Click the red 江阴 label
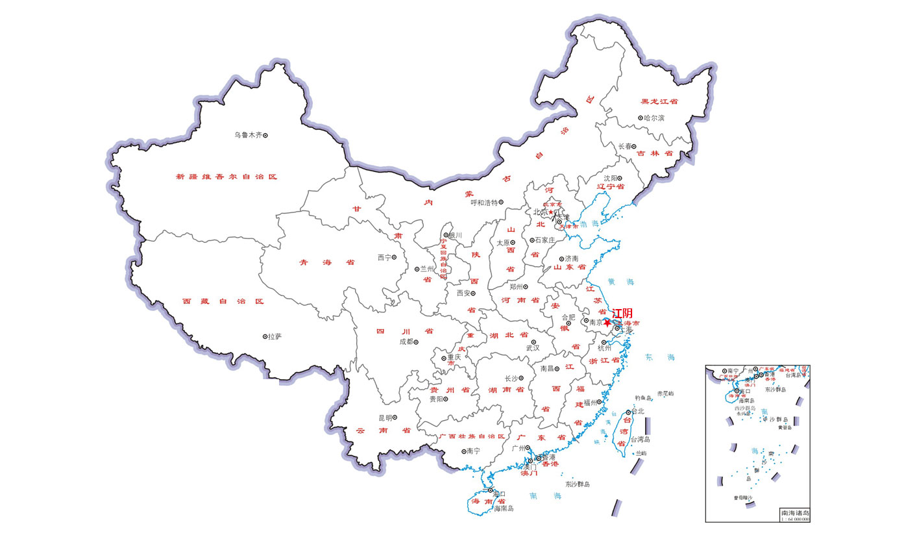(622, 313)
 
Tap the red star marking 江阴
(607, 322)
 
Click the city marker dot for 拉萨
(265, 336)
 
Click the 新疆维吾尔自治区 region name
(226, 177)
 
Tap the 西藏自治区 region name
(223, 301)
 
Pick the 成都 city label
(405, 342)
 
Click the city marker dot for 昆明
(395, 417)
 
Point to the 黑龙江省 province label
(659, 102)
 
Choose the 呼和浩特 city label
(484, 203)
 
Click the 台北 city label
(637, 411)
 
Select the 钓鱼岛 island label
(643, 397)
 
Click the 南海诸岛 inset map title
(795, 513)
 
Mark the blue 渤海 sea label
(590, 223)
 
